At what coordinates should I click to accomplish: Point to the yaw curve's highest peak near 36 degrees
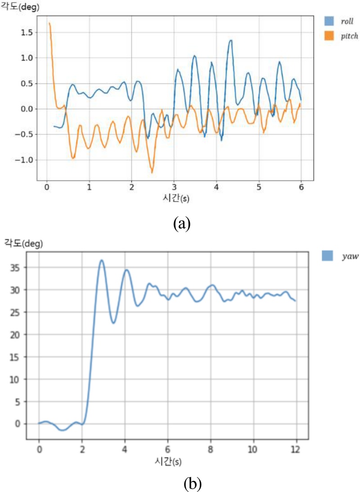[x=102, y=260]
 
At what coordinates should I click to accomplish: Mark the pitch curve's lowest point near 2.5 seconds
[x=152, y=172]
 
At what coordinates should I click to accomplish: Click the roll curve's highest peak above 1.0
[x=231, y=40]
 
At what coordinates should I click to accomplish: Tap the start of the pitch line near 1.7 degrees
[x=49, y=23]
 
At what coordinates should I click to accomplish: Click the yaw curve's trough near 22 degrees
[x=114, y=323]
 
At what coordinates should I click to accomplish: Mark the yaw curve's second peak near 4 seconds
[x=127, y=270]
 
